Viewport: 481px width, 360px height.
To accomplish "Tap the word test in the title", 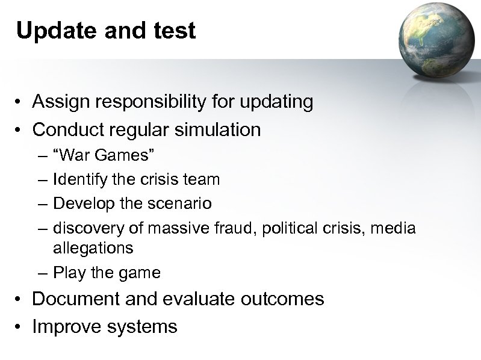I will (175, 31).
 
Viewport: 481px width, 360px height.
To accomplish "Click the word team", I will (203, 179).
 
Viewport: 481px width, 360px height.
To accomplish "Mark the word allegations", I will (93, 247).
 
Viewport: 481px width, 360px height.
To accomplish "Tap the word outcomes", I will (285, 299).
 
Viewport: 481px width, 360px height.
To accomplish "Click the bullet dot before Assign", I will (20, 103).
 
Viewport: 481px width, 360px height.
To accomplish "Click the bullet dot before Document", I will (20, 299).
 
